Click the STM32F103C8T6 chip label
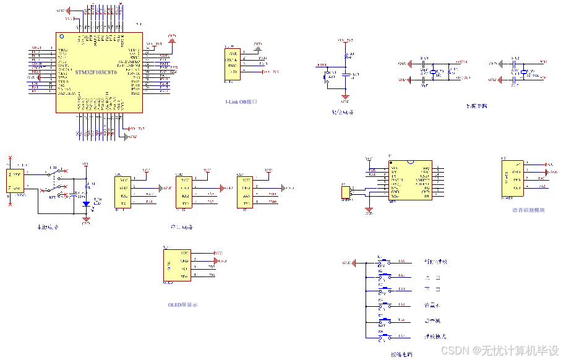[96, 72]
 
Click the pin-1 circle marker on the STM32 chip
[61, 38]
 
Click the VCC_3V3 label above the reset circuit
[345, 40]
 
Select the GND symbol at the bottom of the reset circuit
[345, 98]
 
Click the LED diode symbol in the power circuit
[87, 203]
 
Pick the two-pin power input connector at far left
[15, 181]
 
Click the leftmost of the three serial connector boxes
[123, 192]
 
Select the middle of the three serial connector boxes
[184, 192]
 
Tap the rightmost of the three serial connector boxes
[246, 192]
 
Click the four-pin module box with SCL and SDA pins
[177, 265]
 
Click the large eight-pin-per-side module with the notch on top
[410, 180]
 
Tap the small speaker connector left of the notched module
[346, 192]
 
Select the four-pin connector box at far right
[512, 178]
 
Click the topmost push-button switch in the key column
[385, 262]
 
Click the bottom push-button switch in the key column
[385, 336]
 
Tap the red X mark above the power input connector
[10, 158]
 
